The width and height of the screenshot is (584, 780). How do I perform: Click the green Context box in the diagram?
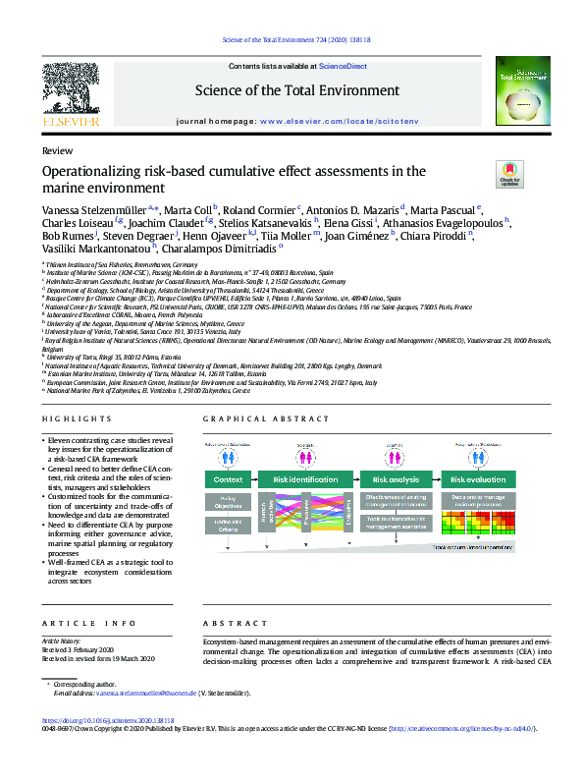(228, 480)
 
